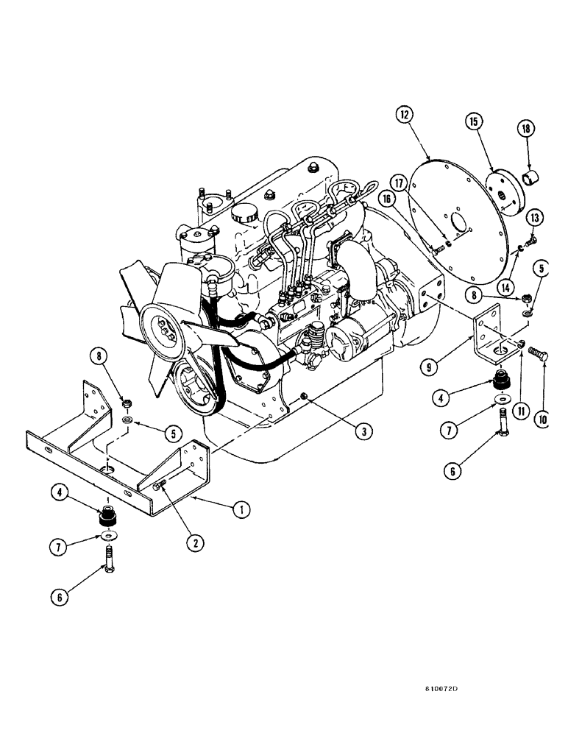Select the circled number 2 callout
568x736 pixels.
pyautogui.click(x=194, y=543)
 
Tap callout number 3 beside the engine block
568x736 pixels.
pyautogui.click(x=361, y=432)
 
